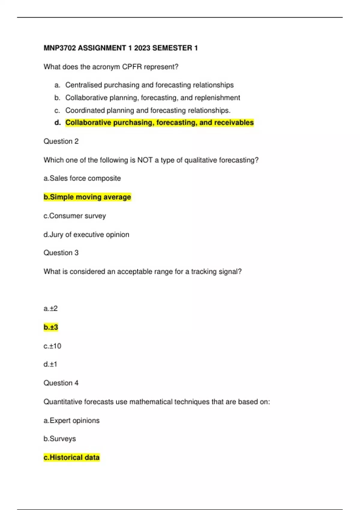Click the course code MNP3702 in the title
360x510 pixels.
click(x=59, y=48)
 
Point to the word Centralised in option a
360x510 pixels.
click(x=83, y=85)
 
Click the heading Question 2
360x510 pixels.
click(x=61, y=141)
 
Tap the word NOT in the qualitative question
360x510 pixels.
click(x=145, y=160)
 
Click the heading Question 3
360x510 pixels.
click(x=61, y=253)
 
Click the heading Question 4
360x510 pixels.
click(x=61, y=383)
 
